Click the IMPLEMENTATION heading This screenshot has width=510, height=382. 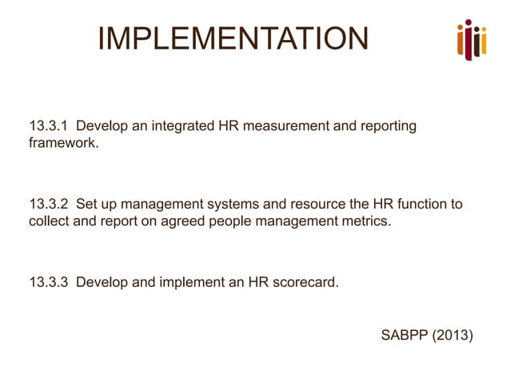point(233,39)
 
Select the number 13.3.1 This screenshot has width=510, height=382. point(50,126)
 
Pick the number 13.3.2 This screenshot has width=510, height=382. point(50,205)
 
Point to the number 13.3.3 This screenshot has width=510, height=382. point(50,282)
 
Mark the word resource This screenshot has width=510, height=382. point(315,205)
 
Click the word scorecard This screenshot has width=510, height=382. point(301,282)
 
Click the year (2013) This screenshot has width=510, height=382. point(453,334)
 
